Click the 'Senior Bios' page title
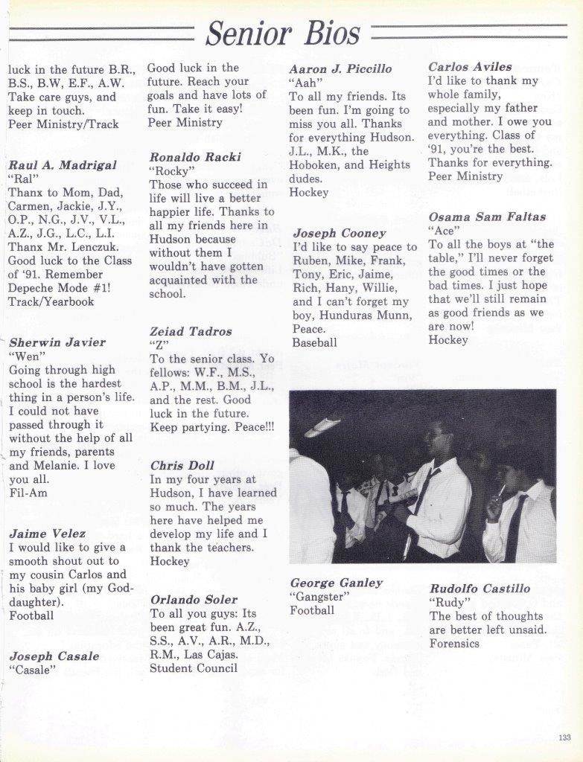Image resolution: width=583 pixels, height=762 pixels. point(284,33)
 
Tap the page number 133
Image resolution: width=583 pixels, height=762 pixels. point(564,737)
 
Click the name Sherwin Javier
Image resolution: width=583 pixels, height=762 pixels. point(57,342)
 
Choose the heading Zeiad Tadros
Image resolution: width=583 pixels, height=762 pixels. point(191,331)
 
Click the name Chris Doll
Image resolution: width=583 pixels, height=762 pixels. point(182,465)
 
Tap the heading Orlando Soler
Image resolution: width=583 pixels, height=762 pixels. point(194,599)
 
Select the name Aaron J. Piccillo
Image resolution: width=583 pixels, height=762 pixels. point(340,68)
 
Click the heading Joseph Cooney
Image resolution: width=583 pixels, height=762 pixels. point(339,233)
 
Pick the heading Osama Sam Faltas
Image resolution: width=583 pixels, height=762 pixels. point(487,217)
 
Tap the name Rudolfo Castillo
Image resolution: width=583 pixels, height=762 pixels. point(480,588)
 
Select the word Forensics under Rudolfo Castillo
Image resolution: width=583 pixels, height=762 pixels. point(454,643)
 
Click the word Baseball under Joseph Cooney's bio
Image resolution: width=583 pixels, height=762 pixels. point(314,342)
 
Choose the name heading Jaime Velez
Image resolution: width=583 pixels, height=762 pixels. point(47,533)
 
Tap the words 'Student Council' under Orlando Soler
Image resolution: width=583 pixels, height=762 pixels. point(194,667)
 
